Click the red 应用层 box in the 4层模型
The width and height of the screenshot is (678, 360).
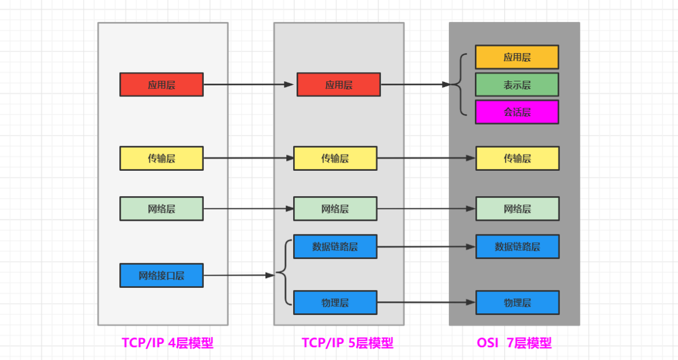pos(162,84)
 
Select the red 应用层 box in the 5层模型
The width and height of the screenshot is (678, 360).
pos(339,84)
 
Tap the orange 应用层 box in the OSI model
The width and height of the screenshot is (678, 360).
pos(517,57)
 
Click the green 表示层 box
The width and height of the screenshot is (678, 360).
pos(517,85)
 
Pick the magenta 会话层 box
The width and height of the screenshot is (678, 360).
pos(517,112)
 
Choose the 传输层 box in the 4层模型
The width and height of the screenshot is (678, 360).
pos(162,158)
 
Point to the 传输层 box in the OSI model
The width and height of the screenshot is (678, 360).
pos(517,158)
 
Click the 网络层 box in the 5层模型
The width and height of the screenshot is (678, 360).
pos(335,209)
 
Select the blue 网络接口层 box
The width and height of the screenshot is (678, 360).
pos(162,275)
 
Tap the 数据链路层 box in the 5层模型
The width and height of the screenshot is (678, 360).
pos(335,246)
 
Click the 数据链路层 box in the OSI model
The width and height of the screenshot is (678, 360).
pos(517,246)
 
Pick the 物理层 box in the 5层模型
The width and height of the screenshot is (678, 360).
pos(335,302)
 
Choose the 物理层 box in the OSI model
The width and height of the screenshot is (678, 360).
pos(517,302)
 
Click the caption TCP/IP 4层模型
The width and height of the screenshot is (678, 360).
pos(167,343)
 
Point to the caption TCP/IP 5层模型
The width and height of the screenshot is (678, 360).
pos(347,343)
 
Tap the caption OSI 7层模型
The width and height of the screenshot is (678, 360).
pos(514,343)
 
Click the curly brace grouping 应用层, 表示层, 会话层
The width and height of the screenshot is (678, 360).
pos(460,84)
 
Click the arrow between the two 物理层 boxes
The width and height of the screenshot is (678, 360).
pos(426,302)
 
